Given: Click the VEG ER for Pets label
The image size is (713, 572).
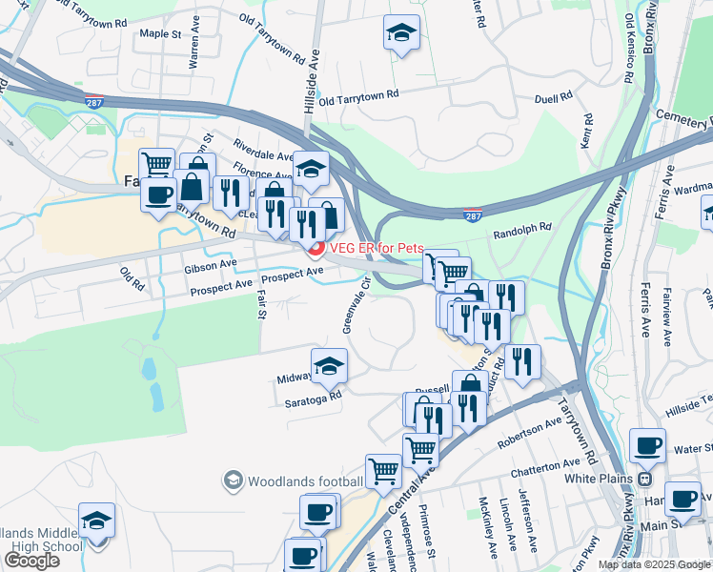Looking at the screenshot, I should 377,249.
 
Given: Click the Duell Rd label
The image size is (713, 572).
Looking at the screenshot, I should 553,96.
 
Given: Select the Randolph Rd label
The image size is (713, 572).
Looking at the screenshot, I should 522,230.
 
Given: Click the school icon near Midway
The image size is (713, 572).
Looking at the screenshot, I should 329,365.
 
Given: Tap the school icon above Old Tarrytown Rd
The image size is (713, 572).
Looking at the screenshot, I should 401,32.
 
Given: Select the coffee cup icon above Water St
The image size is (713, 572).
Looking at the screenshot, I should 648,444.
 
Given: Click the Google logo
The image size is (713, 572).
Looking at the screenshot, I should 31,561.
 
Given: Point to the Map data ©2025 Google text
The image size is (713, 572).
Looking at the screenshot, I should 653,564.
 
